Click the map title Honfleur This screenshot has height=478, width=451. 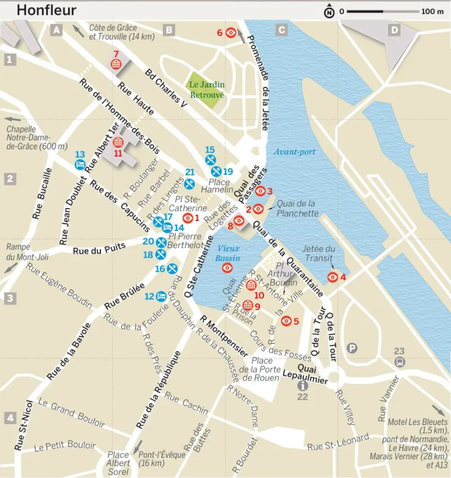tap(46, 11)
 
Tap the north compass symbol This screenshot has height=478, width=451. tap(329, 11)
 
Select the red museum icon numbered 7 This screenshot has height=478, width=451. tap(116, 65)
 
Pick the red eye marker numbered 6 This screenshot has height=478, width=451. tap(231, 33)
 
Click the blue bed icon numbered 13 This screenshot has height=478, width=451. tap(80, 165)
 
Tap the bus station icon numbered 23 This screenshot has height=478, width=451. tap(399, 361)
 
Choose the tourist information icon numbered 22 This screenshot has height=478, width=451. tap(303, 386)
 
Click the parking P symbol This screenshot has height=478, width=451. tap(353, 348)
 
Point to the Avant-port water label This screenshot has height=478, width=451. tap(294, 152)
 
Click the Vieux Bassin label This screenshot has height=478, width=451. tap(228, 253)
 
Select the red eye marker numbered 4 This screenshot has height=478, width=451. tap(333, 277)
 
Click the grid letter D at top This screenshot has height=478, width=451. tap(395, 30)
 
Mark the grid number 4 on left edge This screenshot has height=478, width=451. tap(10, 418)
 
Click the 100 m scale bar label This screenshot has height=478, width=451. tap(432, 11)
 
